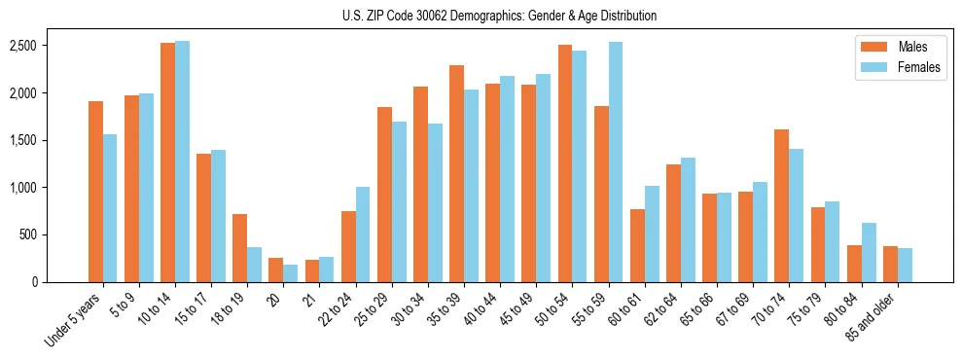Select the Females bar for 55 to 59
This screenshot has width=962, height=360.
pos(616,162)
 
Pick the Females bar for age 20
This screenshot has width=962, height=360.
pos(291,273)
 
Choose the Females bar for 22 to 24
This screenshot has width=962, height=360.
pos(363,234)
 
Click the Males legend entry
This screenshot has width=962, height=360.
pos(891,47)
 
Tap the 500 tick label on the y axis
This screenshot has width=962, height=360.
pos(54,234)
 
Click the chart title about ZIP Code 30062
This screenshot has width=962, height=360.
pos(500,16)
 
